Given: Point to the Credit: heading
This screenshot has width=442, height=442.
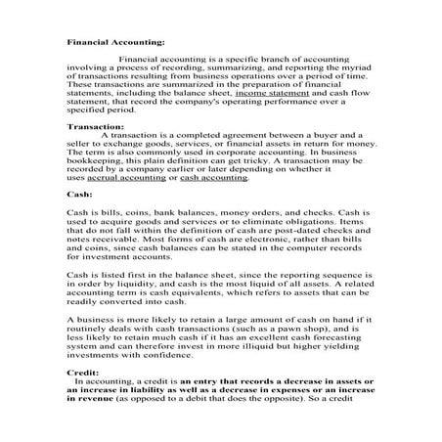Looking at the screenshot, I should pos(81,373).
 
